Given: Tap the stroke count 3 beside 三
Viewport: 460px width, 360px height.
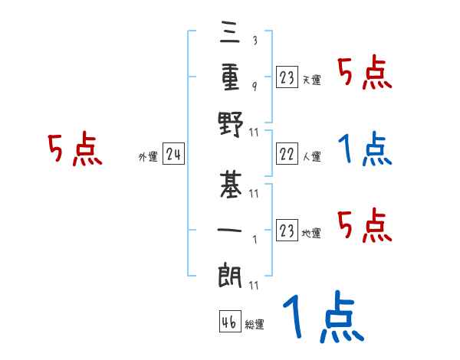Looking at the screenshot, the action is tap(254, 41).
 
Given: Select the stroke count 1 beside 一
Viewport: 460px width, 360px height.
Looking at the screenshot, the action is tap(254, 237).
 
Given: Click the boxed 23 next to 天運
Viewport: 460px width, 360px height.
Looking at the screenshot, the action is tap(287, 77).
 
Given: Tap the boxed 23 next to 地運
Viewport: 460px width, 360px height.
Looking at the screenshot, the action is tap(287, 231).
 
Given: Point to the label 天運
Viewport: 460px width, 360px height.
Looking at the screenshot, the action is tap(311, 80).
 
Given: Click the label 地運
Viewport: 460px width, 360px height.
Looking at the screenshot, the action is tap(311, 233).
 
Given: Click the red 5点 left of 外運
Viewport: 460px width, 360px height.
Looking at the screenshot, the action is tap(74, 149).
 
